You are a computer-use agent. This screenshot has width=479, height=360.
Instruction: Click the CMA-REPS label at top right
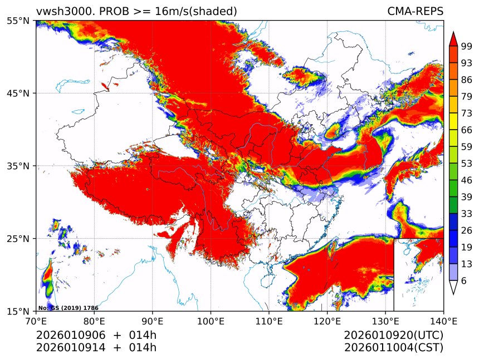coord(415,12)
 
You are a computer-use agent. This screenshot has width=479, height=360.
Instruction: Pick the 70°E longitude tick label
coord(36,320)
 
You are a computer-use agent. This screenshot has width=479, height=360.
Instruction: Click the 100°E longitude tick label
coord(211,320)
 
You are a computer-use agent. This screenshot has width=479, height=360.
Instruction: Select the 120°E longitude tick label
coord(327,320)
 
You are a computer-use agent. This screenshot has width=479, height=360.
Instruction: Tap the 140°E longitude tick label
coord(443,320)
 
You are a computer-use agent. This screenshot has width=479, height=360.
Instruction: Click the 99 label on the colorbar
coord(466,46)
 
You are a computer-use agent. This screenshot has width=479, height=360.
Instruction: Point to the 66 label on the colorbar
coord(466,130)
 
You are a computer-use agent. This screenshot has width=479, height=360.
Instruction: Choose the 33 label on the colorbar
coord(466,214)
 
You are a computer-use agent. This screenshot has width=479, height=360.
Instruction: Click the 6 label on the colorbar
coord(464,281)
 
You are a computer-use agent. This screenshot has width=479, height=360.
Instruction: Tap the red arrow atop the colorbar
coord(453,39)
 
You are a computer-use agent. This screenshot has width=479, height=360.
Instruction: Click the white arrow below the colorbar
coord(453,287)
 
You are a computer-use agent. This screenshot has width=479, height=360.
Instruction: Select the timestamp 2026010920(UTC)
coord(393,336)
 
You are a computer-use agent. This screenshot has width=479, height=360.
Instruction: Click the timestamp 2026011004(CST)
coord(393,348)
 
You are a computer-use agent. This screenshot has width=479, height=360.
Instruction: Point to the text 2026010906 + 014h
coord(96,336)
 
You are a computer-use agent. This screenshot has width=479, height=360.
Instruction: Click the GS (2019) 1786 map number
coord(60,308)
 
